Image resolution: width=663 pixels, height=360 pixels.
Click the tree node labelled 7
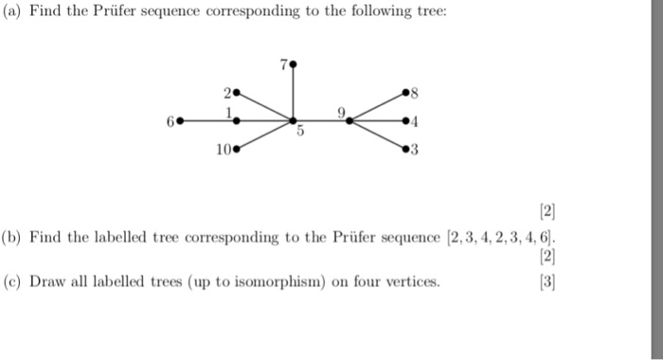(293, 65)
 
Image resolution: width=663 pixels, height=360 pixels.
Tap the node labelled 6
(179, 121)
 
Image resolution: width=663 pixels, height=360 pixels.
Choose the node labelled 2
(236, 94)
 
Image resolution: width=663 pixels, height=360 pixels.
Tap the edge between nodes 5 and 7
(293, 93)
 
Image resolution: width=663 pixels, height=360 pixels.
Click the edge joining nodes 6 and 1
(207, 121)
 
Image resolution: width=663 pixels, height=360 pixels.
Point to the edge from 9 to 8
(378, 107)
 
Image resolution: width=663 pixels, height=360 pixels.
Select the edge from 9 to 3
(378, 135)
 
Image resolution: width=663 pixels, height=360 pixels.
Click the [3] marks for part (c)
(547, 281)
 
